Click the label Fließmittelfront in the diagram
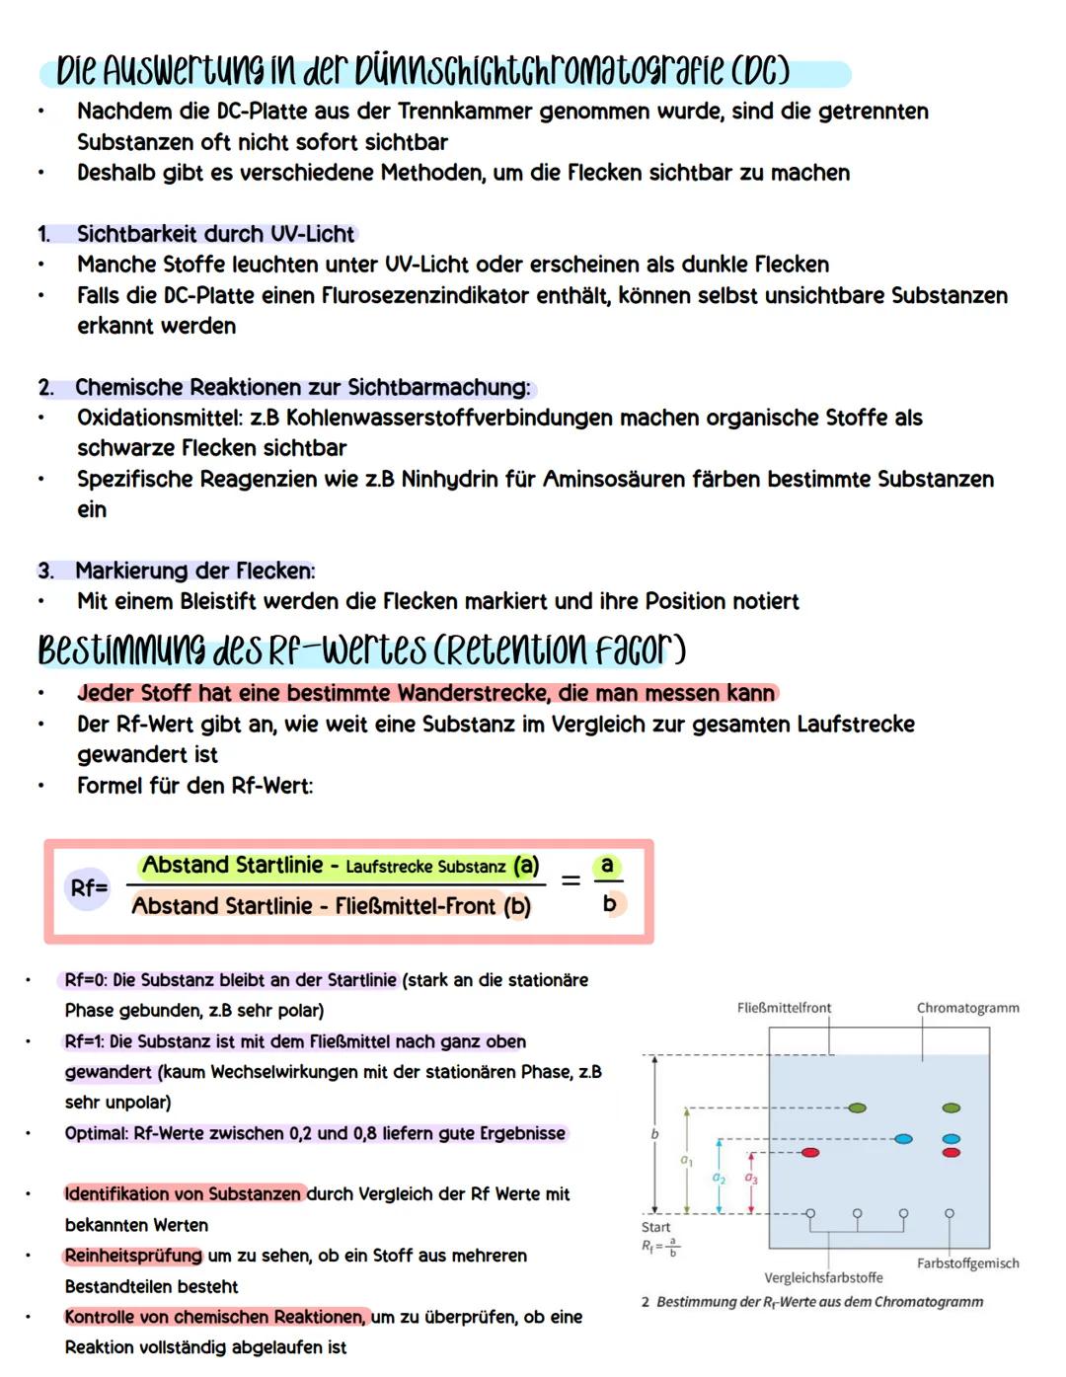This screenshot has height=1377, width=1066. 784,1008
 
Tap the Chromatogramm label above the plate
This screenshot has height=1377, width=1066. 967,1008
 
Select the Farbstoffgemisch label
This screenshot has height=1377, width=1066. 967,1263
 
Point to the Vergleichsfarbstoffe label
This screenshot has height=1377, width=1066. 823,1277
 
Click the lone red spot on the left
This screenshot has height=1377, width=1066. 810,1152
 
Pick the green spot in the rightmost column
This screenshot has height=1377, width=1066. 952,1109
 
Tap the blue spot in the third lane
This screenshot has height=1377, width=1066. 903,1139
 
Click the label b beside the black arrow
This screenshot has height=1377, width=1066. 654,1135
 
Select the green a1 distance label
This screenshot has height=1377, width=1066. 687,1161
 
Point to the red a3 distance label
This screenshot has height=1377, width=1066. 751,1179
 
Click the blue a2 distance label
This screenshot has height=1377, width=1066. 719,1179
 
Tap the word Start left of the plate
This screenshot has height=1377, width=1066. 655,1227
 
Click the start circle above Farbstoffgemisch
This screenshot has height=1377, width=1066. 950,1213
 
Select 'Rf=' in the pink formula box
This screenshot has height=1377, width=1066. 88,887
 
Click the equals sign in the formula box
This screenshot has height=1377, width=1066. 571,880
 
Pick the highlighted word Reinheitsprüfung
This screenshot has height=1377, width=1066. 133,1256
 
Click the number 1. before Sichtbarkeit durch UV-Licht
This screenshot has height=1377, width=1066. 44,234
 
